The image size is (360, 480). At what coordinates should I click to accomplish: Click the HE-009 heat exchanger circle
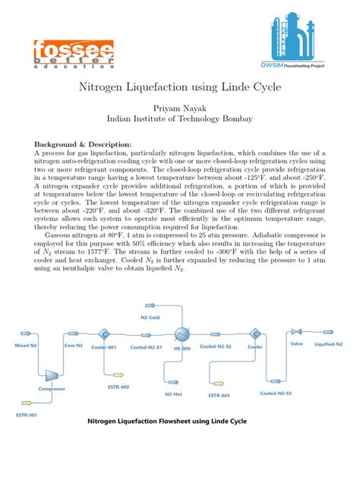tap(181, 335)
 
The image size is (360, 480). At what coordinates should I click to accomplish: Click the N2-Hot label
tap(174, 393)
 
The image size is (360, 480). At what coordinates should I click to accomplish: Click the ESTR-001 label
tap(26, 415)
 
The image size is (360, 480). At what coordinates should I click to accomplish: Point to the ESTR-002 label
tap(119, 387)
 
